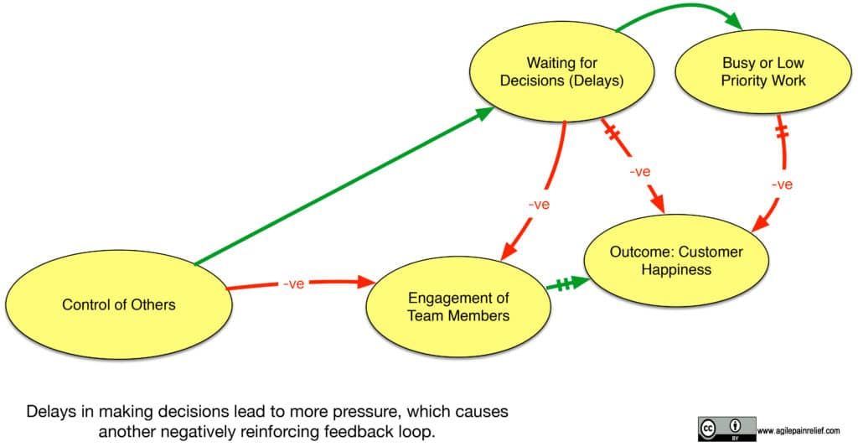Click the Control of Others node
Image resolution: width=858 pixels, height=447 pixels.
pyautogui.click(x=118, y=304)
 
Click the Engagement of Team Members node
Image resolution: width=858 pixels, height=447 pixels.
pyautogui.click(x=458, y=306)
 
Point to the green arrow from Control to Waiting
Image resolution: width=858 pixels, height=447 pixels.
pyautogui.click(x=344, y=190)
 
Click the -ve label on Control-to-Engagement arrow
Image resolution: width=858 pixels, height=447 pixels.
pyautogui.click(x=292, y=284)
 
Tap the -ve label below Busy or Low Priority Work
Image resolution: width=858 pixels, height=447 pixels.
pyautogui.click(x=781, y=185)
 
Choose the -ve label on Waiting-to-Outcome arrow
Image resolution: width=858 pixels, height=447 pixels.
pyautogui.click(x=639, y=172)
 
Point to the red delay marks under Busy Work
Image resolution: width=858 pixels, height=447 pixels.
pyautogui.click(x=783, y=133)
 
